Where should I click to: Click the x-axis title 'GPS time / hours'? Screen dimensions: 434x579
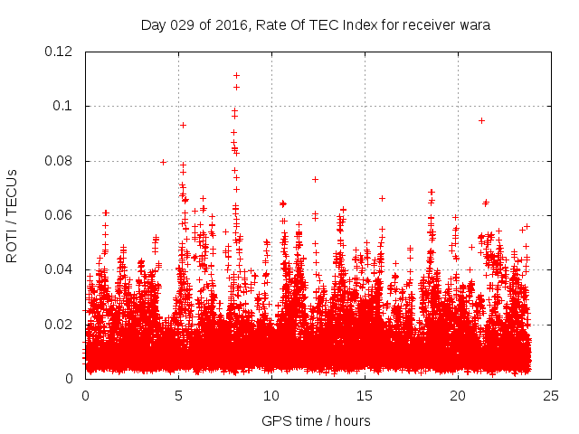316,420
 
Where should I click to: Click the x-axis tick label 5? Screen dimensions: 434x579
178,395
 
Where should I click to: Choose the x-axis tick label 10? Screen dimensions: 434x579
271,395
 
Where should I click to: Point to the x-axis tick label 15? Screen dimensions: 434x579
365,395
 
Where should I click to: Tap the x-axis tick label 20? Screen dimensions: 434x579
458,395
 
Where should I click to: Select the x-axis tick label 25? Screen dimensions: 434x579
551,395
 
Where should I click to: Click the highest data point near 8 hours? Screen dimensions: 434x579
236,75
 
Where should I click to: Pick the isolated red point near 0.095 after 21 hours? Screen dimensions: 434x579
481,120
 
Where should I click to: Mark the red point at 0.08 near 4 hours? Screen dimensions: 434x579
163,162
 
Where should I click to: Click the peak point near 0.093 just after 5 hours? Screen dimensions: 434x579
183,125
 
